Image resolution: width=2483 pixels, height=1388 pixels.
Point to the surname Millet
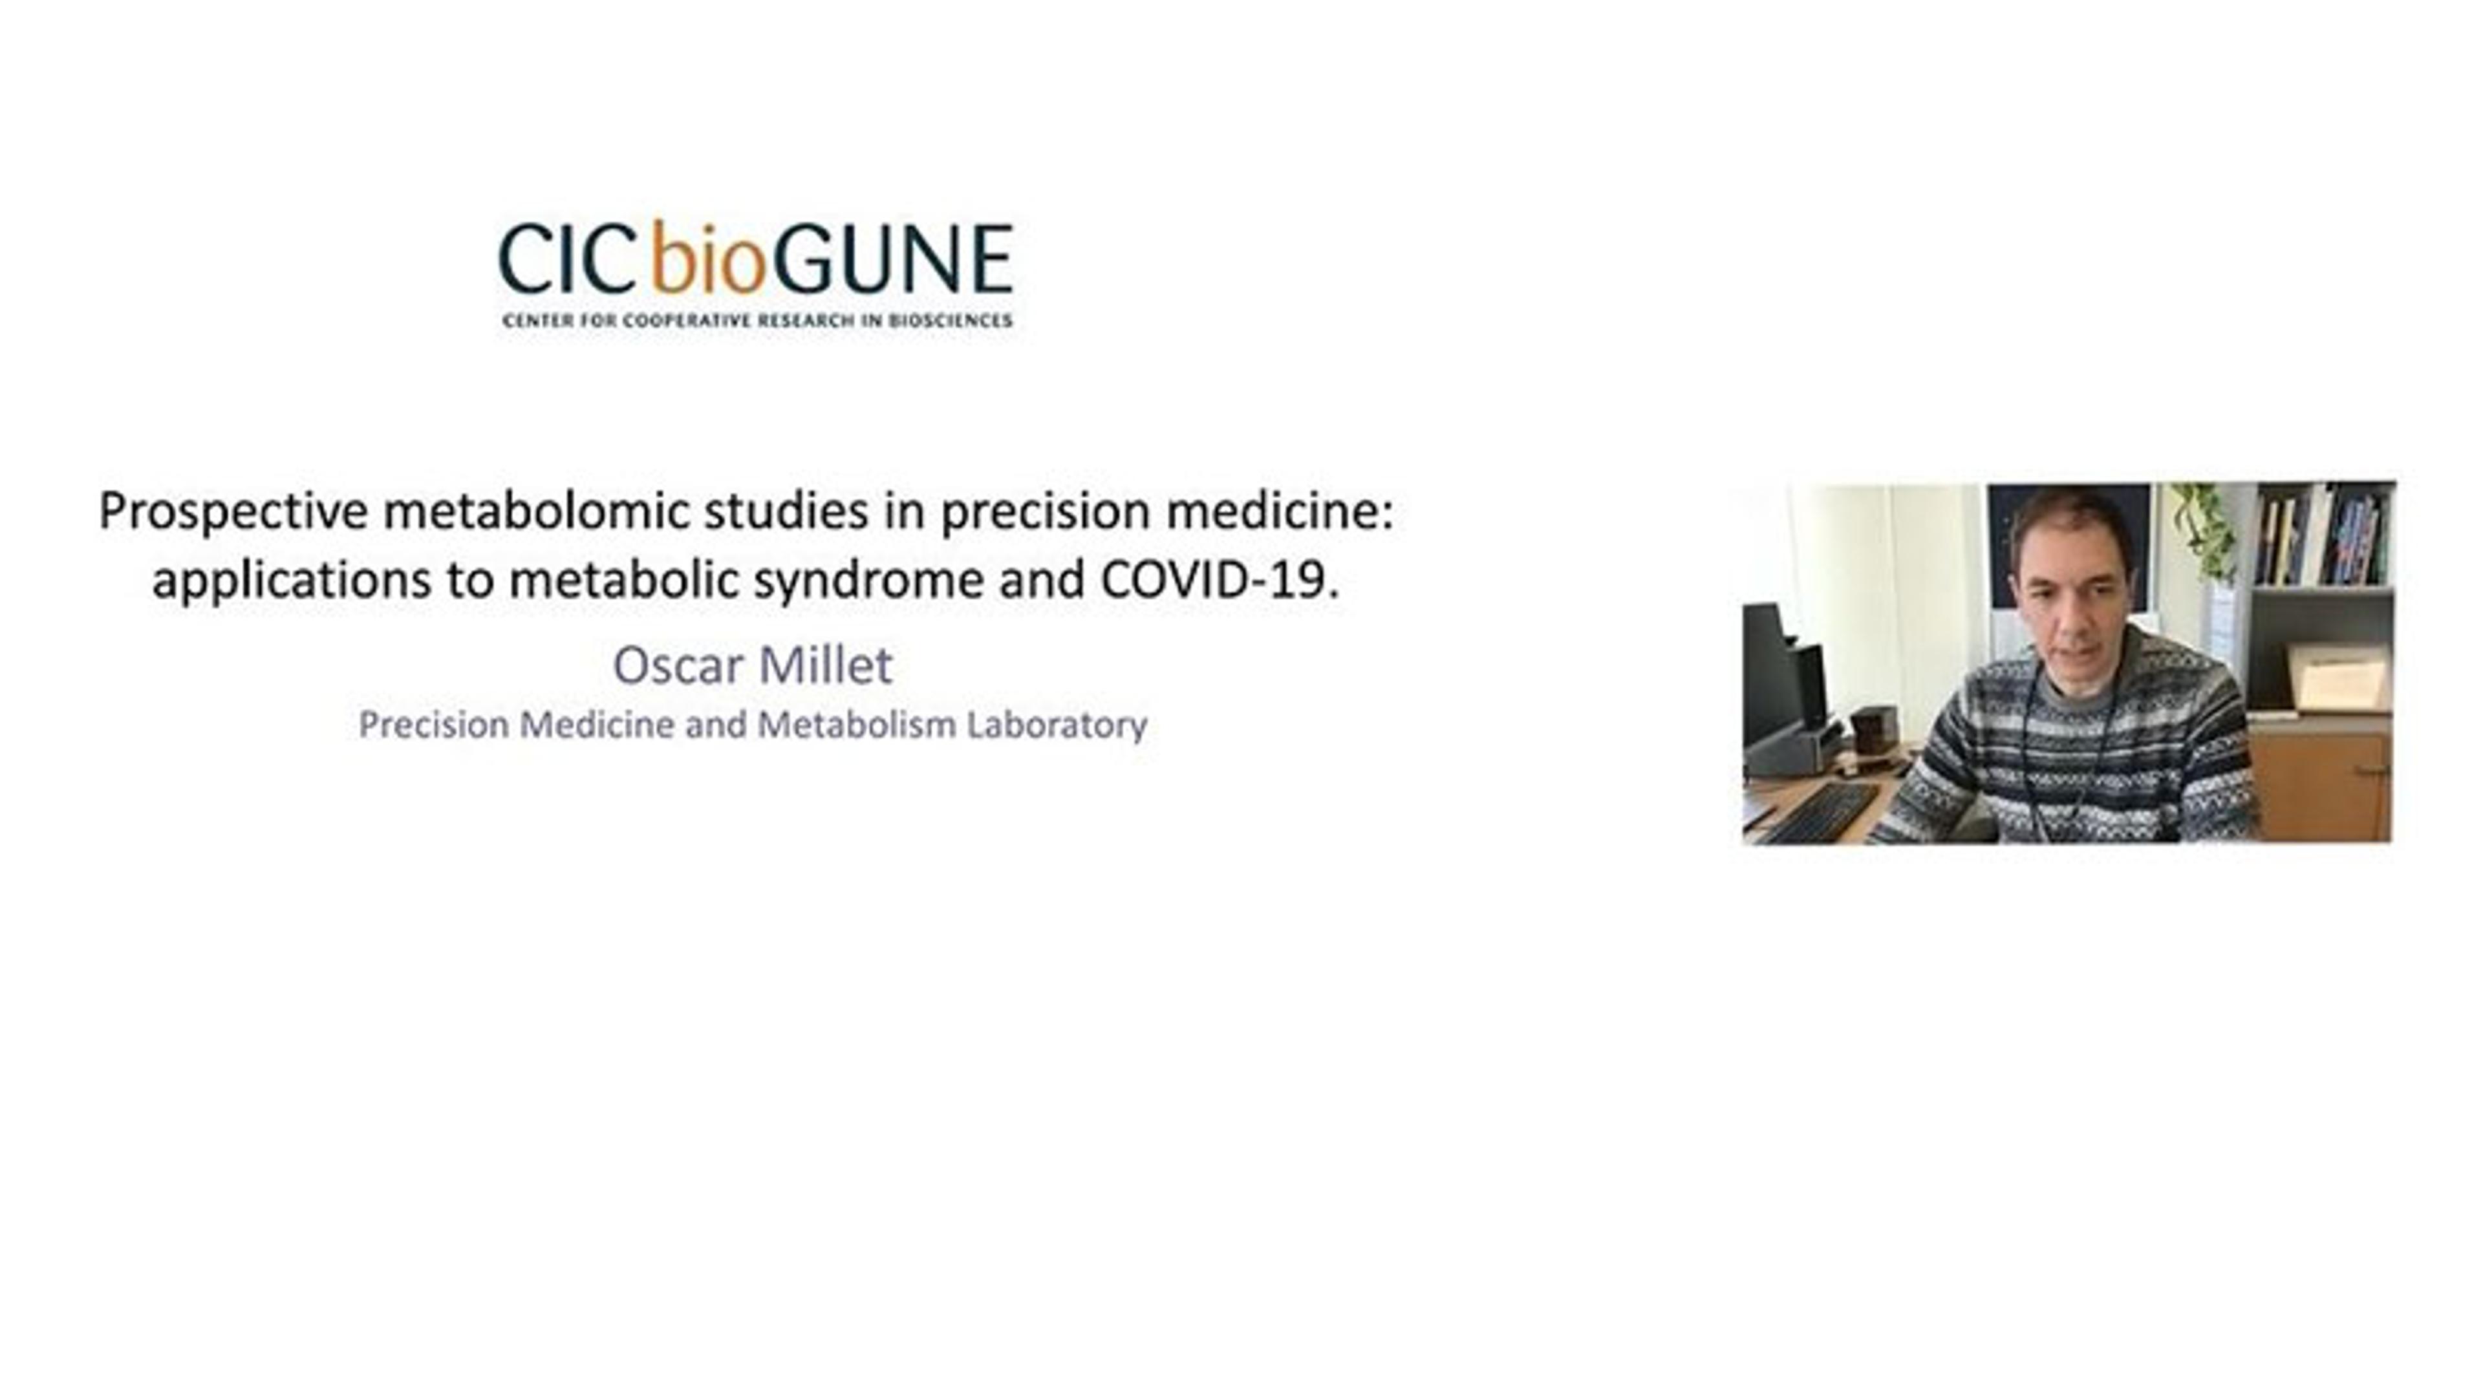coord(826,665)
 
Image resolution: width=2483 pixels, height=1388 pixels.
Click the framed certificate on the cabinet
coord(2338,679)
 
